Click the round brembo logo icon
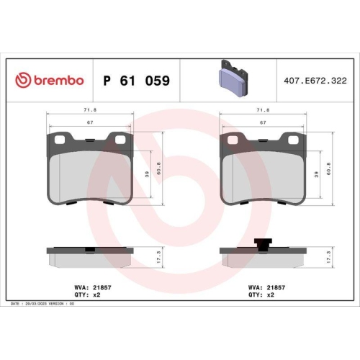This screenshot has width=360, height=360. [21, 81]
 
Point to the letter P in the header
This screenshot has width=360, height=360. [108, 81]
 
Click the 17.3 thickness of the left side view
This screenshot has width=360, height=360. [157, 256]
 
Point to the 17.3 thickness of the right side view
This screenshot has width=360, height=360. [330, 256]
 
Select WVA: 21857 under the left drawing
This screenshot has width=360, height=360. [62, 286]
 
